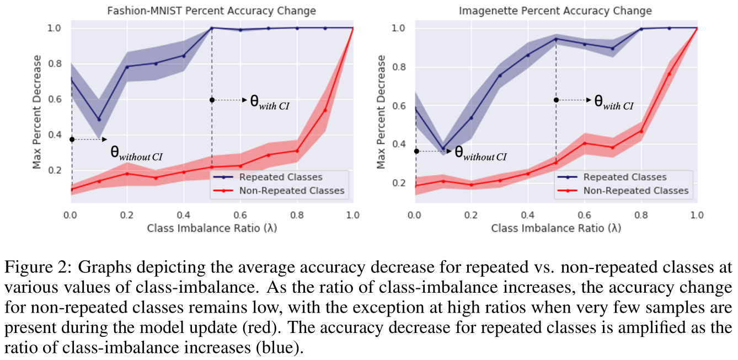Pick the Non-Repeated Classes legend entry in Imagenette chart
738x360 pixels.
coord(635,190)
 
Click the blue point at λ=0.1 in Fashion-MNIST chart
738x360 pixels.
coord(99,120)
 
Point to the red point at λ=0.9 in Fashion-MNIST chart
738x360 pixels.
coord(325,110)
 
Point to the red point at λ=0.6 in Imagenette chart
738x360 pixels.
coord(585,143)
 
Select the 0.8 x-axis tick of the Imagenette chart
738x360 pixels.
coord(641,214)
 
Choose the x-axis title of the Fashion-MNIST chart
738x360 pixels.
coord(211,228)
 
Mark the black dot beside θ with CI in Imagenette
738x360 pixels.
coord(556,100)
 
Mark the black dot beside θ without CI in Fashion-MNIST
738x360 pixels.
coord(72,139)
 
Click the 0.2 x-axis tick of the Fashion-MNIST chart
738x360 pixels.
coord(127,214)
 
